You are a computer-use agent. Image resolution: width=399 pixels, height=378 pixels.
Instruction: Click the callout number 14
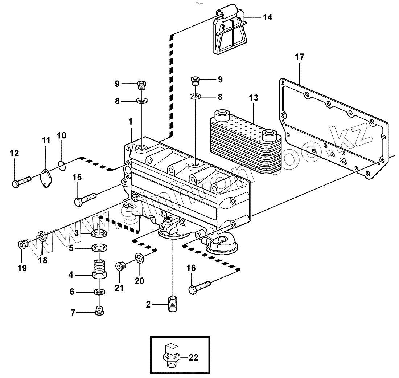click(x=267, y=17)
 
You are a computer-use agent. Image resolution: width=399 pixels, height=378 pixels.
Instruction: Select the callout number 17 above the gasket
click(x=299, y=57)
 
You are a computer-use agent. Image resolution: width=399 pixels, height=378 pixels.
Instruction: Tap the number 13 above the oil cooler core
click(x=254, y=98)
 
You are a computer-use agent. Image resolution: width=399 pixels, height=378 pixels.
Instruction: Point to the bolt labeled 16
click(x=199, y=287)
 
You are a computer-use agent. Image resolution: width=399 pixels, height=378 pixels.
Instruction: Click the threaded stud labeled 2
click(x=174, y=304)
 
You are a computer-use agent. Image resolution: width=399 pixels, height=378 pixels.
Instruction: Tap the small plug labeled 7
click(x=99, y=311)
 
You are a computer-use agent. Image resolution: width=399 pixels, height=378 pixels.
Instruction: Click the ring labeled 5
click(x=99, y=248)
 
